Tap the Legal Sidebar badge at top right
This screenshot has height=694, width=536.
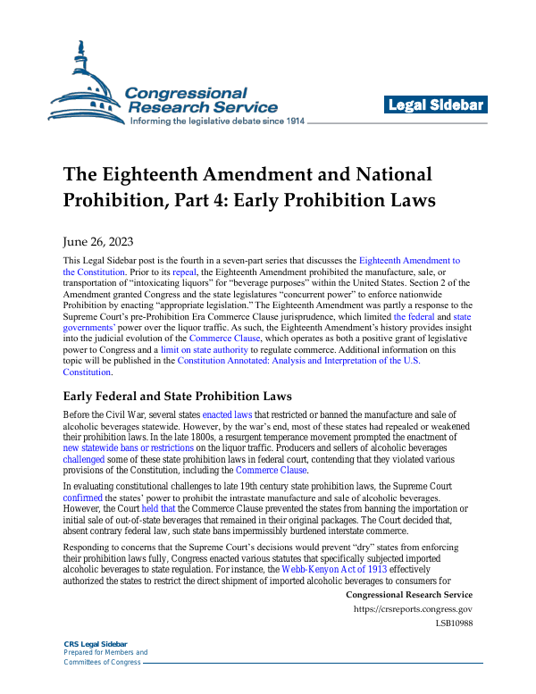pos(436,105)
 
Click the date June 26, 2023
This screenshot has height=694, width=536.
pos(98,242)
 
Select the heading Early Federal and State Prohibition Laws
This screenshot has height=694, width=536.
pos(177,395)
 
